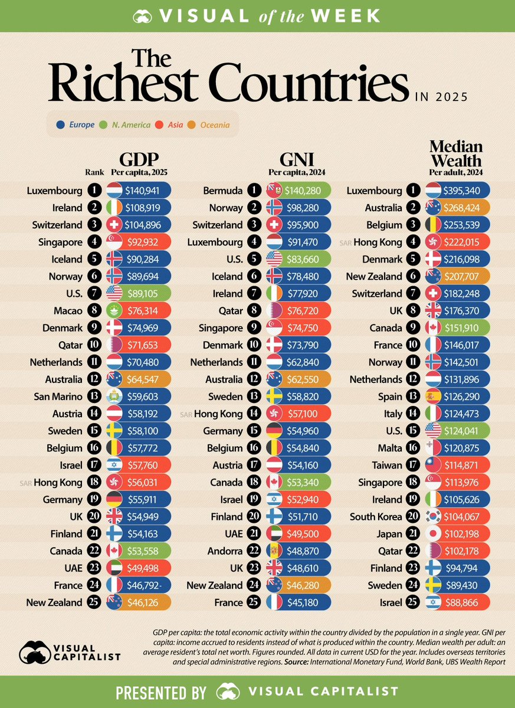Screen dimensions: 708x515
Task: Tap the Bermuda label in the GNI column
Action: coord(224,191)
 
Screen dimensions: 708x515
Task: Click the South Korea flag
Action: coord(434,516)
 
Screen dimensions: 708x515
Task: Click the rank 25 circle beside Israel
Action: coord(413,602)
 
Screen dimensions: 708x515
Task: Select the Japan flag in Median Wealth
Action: coord(434,533)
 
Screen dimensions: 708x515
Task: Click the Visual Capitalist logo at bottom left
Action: coord(70,651)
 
